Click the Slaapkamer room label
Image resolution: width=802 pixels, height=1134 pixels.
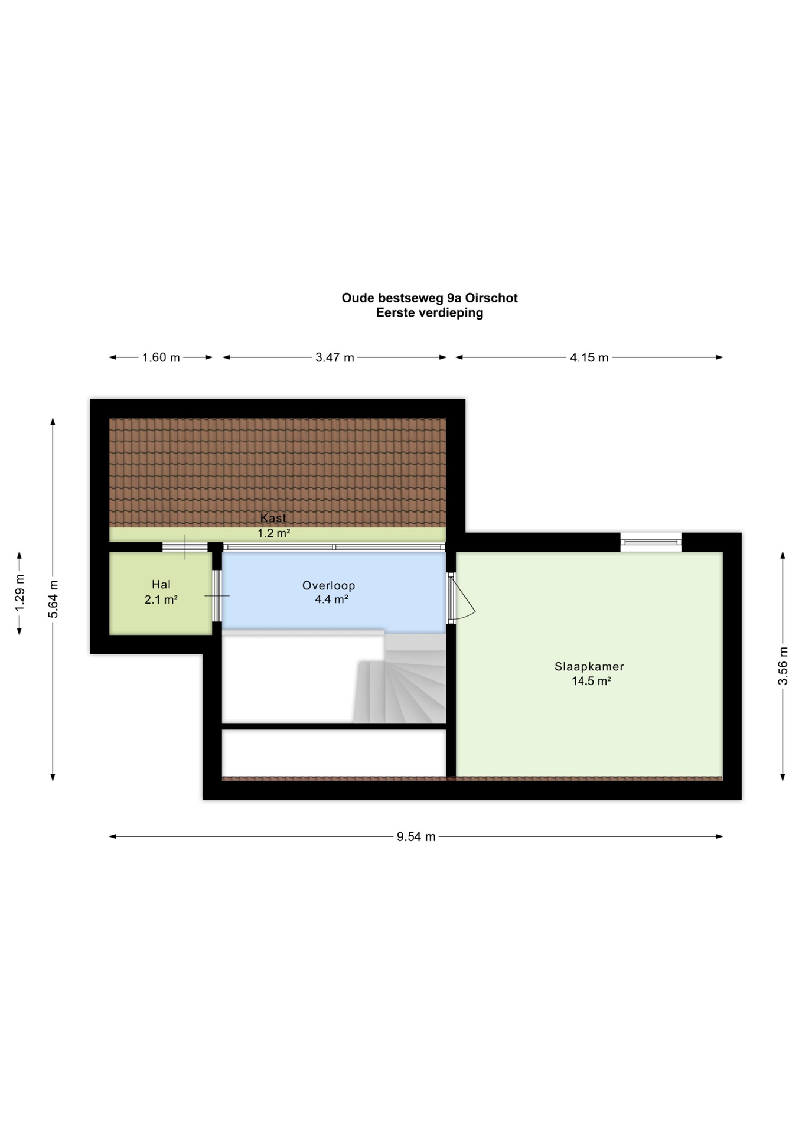pos(589,666)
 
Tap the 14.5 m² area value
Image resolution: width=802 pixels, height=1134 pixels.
pos(591,681)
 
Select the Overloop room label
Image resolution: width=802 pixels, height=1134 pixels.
pos(328,585)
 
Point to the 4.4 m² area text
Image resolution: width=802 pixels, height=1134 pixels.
pos(331,599)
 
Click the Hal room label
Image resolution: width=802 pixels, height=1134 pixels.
pos(161,585)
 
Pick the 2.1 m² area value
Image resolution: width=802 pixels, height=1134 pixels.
pos(161,599)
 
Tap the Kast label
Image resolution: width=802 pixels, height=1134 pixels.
pos(273,518)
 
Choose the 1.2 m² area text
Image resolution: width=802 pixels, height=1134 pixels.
pos(273,533)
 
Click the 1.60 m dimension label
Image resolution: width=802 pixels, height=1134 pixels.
pos(161,357)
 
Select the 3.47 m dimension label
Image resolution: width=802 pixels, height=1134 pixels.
pos(335,357)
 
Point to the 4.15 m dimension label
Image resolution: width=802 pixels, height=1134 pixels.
pos(589,357)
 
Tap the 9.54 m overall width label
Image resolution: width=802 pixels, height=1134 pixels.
pos(416,836)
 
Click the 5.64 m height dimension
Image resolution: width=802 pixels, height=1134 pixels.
pos(54,599)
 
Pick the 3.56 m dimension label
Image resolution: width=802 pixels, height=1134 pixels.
pos(783,666)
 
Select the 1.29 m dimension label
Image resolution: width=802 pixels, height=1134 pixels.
pos(19,593)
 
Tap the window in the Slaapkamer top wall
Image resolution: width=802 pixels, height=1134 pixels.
pos(651,542)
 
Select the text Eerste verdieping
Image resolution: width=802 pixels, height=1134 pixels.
pos(429,313)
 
